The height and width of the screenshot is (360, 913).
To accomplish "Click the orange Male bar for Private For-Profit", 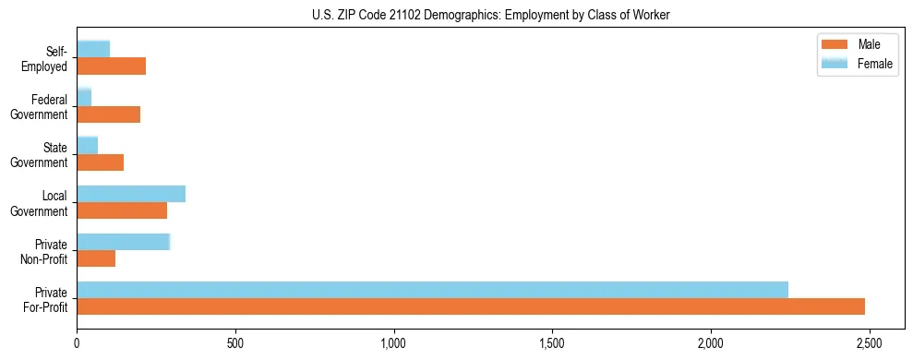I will (471, 306).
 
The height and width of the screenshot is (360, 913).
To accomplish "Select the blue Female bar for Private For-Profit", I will (432, 290).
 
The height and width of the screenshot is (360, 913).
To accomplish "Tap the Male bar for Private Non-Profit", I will (96, 258).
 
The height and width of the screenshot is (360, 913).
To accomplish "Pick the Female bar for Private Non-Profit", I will (124, 242).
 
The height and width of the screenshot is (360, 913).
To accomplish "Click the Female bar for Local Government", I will (131, 194).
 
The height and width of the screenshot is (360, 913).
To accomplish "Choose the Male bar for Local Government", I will (122, 210).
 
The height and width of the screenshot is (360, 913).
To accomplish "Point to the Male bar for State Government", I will (101, 162).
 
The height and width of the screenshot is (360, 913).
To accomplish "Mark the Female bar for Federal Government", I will (84, 98).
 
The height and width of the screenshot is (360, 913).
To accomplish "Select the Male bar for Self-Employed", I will (112, 66).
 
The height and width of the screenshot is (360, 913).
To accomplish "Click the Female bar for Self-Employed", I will (93, 50).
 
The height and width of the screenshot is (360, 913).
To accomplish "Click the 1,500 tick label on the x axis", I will (552, 344).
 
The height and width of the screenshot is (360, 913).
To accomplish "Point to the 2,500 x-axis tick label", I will (869, 344).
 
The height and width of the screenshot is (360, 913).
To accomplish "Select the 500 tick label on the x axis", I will (235, 344).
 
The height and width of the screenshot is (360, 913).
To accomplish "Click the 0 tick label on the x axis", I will (78, 344).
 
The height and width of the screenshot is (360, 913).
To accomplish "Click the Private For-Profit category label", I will (43, 299).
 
